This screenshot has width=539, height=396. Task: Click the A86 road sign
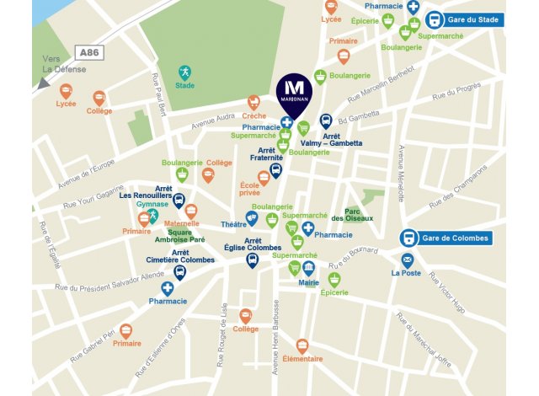tap(87, 52)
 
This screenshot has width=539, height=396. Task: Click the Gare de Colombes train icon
tap(408, 238)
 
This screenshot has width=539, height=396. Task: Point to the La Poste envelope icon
tap(408, 260)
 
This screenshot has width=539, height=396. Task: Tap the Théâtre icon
tap(252, 218)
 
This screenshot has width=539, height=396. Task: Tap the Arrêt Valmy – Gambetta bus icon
tap(326, 121)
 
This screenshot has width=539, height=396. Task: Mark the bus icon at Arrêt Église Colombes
tap(252, 260)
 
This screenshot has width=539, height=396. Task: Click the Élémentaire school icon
tap(302, 345)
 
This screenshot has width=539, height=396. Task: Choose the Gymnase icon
tap(153, 217)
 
